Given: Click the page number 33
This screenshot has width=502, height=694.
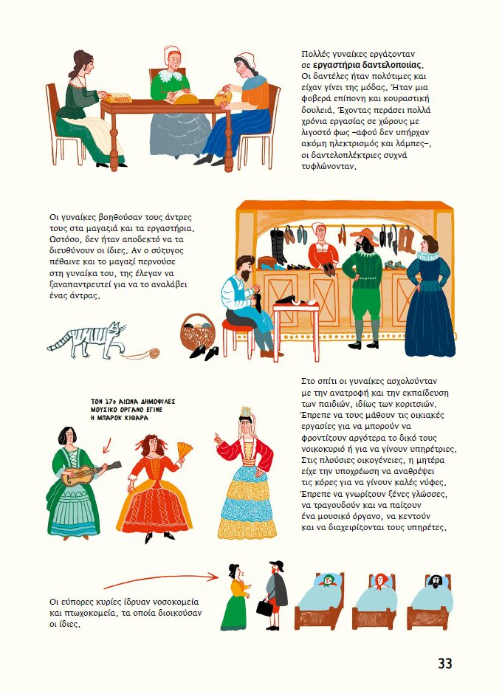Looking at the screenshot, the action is tap(445, 663).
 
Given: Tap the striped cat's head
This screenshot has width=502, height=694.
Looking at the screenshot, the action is tap(116, 330).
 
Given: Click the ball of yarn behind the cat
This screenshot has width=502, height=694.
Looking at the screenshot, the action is tap(154, 353).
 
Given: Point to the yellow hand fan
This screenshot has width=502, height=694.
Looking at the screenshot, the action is tap(185, 450).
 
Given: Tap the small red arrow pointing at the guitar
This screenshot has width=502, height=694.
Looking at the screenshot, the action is tap(107, 446).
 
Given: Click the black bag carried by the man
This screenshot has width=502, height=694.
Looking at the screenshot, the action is tap(265, 607).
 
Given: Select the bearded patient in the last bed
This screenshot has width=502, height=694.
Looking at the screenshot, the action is tap(435, 581).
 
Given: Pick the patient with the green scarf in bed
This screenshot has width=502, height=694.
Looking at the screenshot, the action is tap(328, 581).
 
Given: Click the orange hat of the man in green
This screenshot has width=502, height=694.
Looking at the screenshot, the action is tap(364, 235).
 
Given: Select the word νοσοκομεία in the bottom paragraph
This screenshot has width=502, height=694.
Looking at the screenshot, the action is tap(175, 602).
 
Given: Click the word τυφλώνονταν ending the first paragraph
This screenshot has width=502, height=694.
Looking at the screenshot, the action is tap(329, 167).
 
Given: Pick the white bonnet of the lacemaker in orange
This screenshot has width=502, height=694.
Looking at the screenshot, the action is tap(246, 59).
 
